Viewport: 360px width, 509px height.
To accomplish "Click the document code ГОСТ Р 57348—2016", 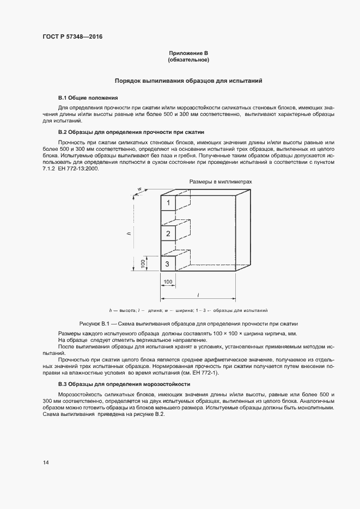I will point(72,37).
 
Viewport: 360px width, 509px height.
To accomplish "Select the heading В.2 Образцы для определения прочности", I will point(131,132).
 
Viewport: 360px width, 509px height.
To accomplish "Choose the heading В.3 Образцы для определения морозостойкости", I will point(132,384).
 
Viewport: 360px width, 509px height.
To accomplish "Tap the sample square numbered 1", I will point(168,204).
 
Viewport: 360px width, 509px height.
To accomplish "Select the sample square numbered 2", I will point(168,234).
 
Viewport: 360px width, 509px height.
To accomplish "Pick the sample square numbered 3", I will point(168,264).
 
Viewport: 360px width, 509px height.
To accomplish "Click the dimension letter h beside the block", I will point(129,232).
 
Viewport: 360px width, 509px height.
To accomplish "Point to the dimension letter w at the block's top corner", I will point(140,189).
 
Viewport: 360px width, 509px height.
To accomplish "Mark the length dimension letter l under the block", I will point(198,295).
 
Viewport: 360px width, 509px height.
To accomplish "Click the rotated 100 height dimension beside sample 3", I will point(143,263).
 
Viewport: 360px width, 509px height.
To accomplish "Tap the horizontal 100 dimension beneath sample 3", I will point(168,281).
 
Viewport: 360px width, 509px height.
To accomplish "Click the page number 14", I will point(46,462).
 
